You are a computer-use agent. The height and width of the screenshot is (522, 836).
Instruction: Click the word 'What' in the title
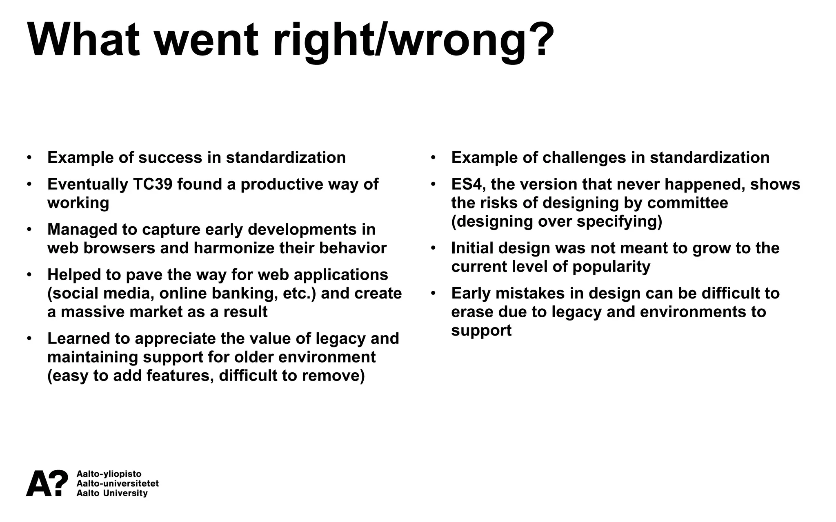[84, 40]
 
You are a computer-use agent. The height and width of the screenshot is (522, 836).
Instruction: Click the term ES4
[466, 184]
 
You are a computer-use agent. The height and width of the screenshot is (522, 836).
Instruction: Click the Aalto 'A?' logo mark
[47, 483]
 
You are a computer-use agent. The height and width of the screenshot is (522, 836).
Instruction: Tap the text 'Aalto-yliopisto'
[109, 474]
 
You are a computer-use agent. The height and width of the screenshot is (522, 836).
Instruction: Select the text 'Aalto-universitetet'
[118, 484]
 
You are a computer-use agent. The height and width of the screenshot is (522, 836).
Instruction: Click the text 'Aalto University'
[112, 493]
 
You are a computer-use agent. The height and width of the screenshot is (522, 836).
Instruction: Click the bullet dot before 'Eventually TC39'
[29, 184]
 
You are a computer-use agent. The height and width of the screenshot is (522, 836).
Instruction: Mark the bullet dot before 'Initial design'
[433, 248]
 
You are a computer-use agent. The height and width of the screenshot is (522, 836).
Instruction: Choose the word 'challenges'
[584, 158]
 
